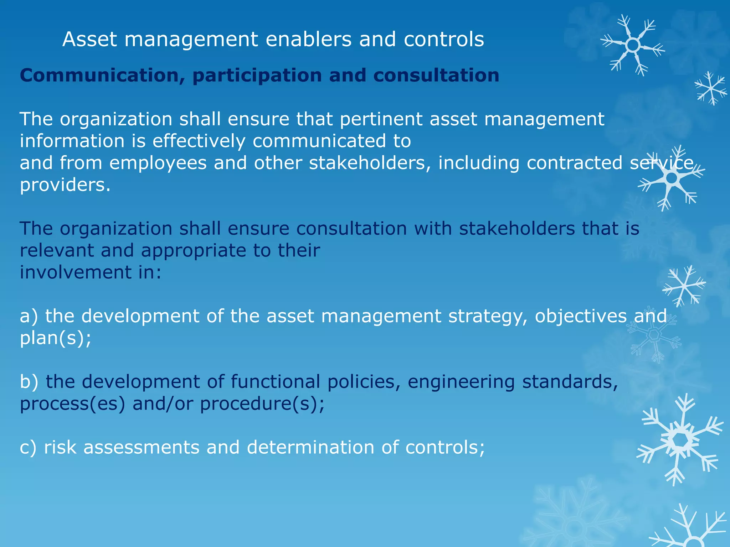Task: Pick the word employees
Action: coord(158,163)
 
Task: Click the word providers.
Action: coord(65,185)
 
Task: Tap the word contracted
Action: coord(575,163)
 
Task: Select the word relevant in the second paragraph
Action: coord(57,250)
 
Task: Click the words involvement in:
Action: coord(91,272)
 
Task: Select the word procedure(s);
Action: coord(262,404)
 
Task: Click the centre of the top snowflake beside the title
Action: coord(633,46)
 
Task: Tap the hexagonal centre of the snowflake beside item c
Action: coord(680,441)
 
